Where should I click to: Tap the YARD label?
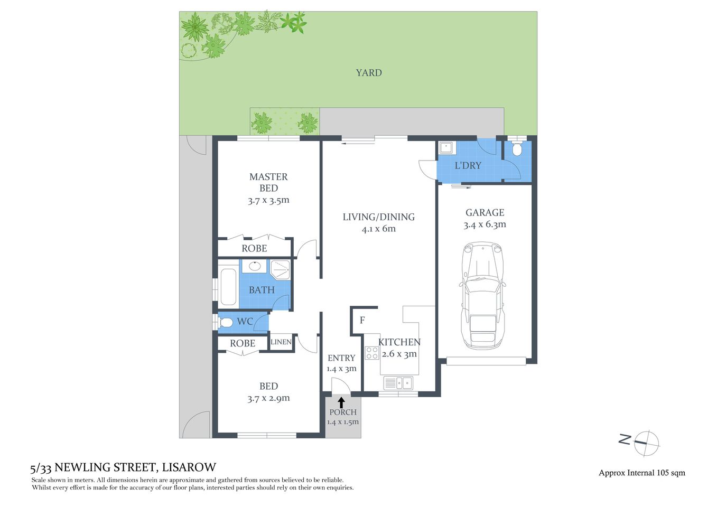point(368,73)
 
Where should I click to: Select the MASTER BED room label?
point(268,182)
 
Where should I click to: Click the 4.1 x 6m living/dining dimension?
point(378,229)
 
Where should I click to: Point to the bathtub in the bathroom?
point(228,287)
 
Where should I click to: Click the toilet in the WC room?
point(226,322)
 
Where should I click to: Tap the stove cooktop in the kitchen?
point(372,353)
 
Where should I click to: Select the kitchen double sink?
point(398,383)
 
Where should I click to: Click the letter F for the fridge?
point(362,320)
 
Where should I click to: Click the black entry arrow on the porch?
point(341,402)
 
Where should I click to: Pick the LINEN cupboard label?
point(281,342)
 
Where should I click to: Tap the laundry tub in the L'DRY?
point(445,147)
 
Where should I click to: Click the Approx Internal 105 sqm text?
point(641,473)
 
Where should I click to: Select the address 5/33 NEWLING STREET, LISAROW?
point(123,467)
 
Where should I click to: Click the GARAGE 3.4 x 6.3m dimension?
point(485,224)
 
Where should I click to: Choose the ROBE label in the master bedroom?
point(254,248)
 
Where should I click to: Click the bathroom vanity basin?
point(255,266)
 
